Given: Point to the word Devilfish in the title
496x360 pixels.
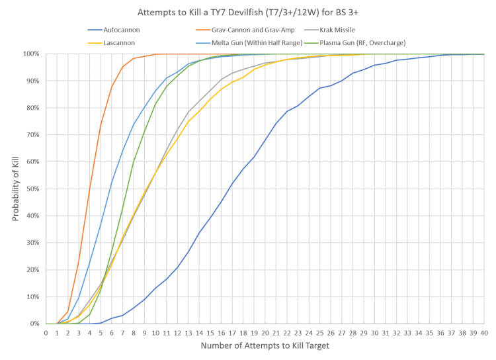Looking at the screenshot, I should pos(234,12).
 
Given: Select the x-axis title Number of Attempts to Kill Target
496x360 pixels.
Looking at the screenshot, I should pos(264,346).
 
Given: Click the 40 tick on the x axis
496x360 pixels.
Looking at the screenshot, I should pos(484,332).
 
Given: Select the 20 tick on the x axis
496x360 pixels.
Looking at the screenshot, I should pos(265,332).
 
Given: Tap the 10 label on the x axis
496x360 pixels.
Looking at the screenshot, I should pos(155,332).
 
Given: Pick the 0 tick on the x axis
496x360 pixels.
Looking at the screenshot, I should pos(46,332).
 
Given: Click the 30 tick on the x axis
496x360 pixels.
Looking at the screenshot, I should pos(375,332).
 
